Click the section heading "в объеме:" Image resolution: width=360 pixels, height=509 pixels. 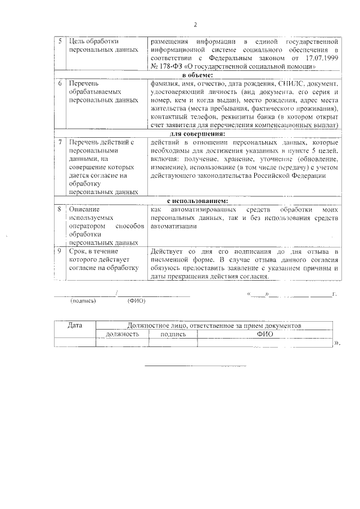(x=197, y=75)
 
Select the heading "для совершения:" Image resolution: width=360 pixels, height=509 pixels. (x=197, y=134)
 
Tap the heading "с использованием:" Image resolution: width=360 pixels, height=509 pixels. (x=197, y=201)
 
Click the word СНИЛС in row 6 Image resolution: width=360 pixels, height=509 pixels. (x=290, y=83)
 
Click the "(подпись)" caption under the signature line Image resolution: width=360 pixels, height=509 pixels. (x=83, y=301)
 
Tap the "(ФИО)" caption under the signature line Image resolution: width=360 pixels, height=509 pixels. (x=136, y=301)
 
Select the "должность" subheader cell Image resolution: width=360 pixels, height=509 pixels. (x=122, y=334)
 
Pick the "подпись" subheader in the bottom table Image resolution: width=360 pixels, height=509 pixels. (x=173, y=334)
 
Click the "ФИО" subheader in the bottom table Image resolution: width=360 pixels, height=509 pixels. (x=264, y=334)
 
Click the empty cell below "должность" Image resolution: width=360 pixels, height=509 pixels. (x=122, y=343)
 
